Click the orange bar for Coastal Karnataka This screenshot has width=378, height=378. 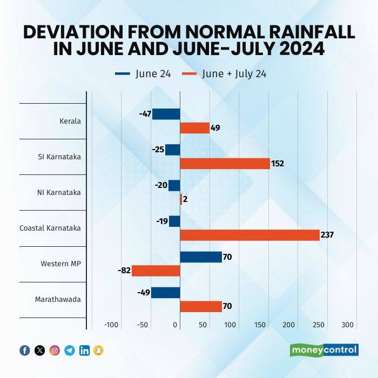click(249, 235)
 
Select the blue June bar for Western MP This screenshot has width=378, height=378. click(201, 257)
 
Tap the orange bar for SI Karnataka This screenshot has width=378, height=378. click(225, 163)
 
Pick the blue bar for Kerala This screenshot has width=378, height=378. click(166, 114)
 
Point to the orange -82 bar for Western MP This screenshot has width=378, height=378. click(156, 271)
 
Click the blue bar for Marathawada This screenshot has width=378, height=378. click(165, 293)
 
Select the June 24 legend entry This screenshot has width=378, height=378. click(143, 74)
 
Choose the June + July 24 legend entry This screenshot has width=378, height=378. click(224, 74)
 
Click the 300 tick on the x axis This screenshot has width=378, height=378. click(347, 325)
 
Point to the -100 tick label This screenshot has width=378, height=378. click(111, 325)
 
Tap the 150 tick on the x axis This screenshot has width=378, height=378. click(259, 325)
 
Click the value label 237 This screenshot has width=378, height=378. click(327, 235)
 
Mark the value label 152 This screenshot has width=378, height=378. click(277, 164)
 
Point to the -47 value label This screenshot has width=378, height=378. click(144, 114)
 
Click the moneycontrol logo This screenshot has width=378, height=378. click(324, 350)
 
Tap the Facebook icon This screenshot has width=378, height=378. click(25, 350)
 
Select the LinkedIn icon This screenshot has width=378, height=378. click(84, 350)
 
